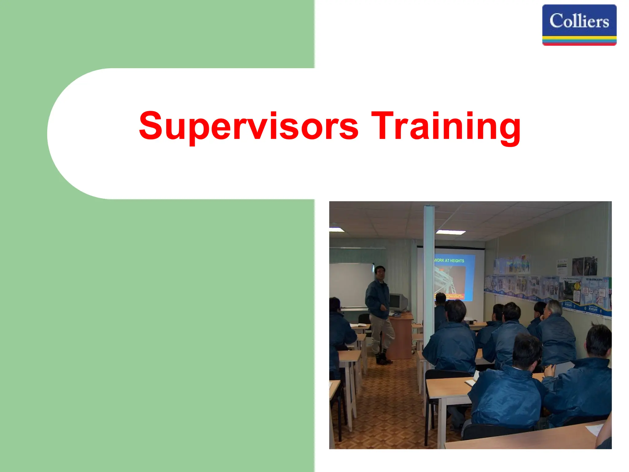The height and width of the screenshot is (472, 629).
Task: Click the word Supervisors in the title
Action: click(248, 126)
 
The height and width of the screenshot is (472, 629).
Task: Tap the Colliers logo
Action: click(579, 25)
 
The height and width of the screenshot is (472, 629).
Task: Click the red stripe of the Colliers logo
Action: click(579, 44)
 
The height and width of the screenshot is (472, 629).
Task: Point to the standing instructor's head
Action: click(380, 273)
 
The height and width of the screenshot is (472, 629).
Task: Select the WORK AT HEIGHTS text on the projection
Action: click(449, 261)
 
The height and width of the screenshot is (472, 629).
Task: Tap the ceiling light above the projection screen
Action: click(451, 232)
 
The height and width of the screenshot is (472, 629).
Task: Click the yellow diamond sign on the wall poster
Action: click(577, 286)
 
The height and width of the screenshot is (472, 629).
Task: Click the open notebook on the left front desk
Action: click(358, 325)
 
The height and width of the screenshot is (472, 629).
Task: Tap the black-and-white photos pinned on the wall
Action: click(584, 266)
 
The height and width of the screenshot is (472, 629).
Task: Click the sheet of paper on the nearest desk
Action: click(594, 430)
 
